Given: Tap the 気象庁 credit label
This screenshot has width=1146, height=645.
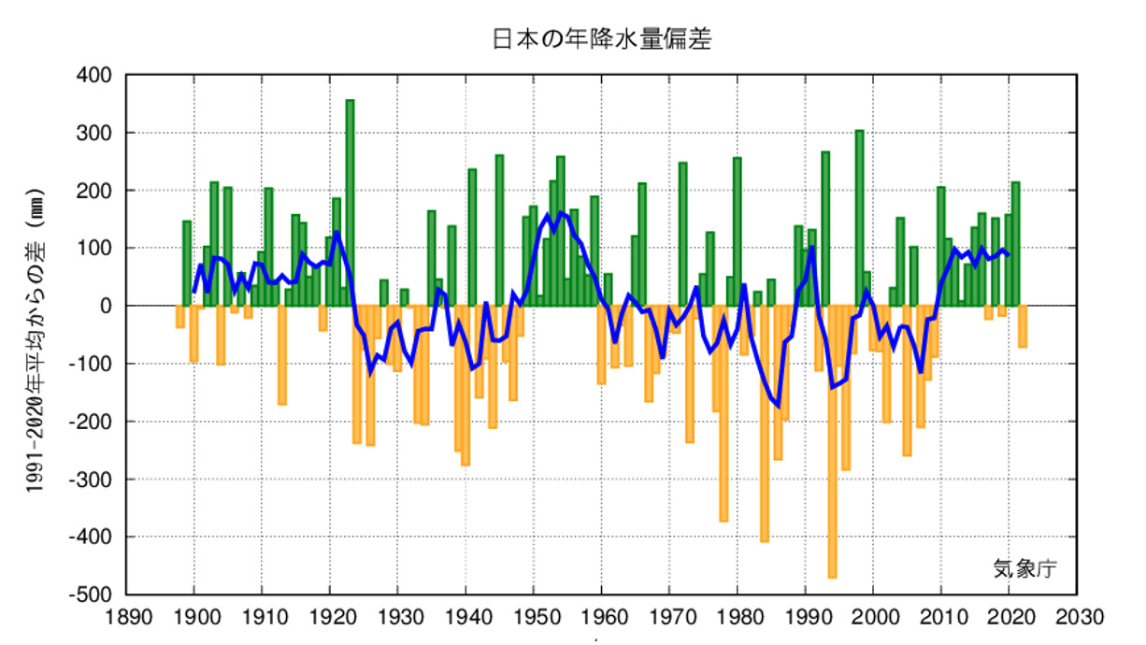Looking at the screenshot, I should click(1024, 567).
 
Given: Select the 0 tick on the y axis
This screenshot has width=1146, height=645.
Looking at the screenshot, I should click(105, 306).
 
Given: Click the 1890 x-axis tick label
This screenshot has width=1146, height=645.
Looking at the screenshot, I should click(126, 618).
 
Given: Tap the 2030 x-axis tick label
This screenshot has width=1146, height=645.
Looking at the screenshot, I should click(1077, 618).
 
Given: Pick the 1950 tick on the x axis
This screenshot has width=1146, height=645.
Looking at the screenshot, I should click(534, 618).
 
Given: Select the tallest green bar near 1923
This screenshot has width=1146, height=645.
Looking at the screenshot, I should click(350, 201).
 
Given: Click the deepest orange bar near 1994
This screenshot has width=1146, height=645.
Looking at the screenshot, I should click(832, 439).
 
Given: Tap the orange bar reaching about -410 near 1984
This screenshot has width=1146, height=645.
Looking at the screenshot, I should click(764, 421).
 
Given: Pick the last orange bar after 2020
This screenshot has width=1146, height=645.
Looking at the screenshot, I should click(1023, 326).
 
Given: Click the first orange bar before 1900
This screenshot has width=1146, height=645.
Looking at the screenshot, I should click(179, 316).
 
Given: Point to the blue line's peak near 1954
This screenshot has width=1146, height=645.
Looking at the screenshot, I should click(561, 213).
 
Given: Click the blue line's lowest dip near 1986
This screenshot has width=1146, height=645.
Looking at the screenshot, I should click(778, 406).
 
